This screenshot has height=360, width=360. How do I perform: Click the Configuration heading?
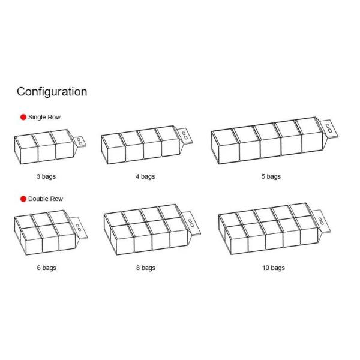click(52, 92)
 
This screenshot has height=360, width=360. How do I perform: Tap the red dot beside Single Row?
click(23, 117)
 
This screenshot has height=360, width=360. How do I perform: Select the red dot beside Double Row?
click(23, 199)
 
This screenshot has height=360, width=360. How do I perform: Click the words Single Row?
click(44, 117)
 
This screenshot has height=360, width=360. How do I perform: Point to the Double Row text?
click(46, 199)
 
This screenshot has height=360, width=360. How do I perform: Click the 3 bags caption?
click(46, 176)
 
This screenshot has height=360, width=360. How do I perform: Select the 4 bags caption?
click(145, 176)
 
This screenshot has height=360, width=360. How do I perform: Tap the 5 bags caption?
click(271, 176)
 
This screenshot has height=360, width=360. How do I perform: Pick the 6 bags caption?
click(47, 268)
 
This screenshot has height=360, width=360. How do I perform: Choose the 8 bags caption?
click(146, 268)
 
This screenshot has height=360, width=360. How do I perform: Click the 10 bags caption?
click(274, 268)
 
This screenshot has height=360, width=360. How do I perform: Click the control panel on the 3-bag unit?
click(80, 142)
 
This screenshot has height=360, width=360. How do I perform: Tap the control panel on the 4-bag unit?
click(185, 136)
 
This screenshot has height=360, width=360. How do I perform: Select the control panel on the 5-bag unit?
click(329, 128)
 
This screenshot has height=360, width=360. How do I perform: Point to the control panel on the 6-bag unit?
click(79, 227)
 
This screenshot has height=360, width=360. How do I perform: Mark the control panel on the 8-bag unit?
click(191, 223)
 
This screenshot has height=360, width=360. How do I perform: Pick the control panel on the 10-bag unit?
click(321, 221)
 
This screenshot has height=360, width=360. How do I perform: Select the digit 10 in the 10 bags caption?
click(266, 268)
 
